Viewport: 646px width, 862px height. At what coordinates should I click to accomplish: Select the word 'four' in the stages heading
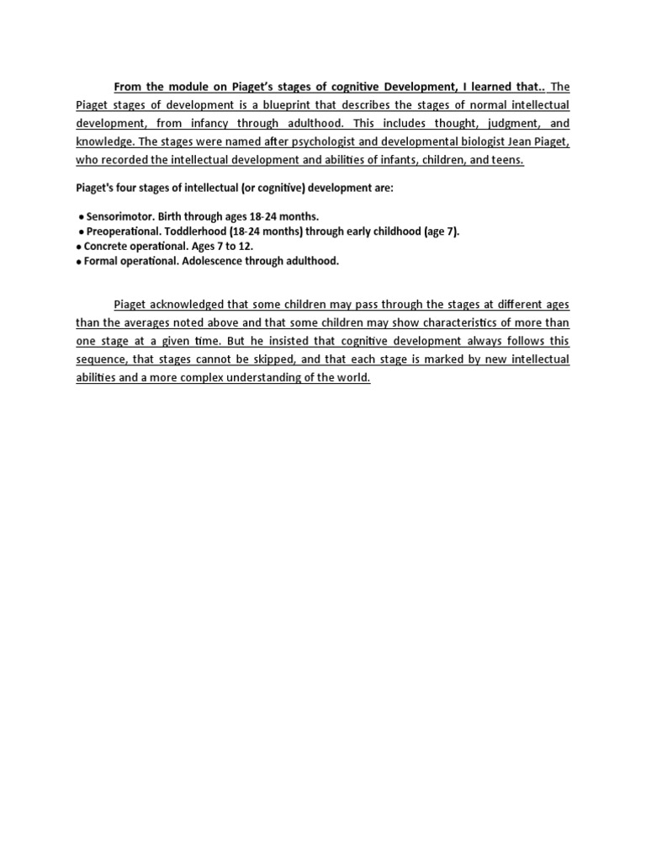click(130, 188)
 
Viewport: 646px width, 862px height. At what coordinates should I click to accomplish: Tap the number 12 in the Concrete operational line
click(246, 247)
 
